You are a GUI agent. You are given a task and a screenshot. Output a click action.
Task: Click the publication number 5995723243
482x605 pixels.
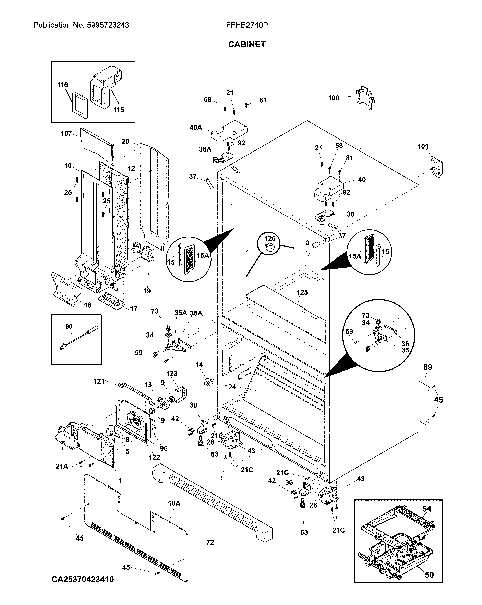pyautogui.click(x=108, y=25)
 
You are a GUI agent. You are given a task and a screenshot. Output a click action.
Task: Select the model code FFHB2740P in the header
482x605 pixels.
pyautogui.click(x=247, y=25)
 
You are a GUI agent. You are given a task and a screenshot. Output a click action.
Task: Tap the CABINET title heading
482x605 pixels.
pyautogui.click(x=247, y=44)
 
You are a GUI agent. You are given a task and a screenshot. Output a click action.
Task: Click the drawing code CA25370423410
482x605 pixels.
pyautogui.click(x=83, y=579)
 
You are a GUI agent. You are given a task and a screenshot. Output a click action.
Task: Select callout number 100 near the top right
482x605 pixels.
pyautogui.click(x=334, y=98)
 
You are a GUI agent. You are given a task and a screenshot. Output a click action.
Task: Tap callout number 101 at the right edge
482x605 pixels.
pyautogui.click(x=423, y=146)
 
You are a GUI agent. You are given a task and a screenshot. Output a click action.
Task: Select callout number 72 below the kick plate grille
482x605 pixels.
pyautogui.click(x=210, y=542)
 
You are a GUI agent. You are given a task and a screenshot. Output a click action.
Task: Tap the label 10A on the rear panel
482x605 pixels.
pyautogui.click(x=174, y=503)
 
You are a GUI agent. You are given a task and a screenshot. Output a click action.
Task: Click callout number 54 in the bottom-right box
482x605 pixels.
pyautogui.click(x=427, y=508)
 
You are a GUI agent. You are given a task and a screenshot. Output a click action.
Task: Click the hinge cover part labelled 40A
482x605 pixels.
pyautogui.click(x=229, y=131)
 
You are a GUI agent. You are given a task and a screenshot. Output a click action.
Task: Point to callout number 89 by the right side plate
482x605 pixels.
pyautogui.click(x=427, y=367)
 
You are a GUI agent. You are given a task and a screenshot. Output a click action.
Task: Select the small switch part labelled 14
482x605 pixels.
pyautogui.click(x=208, y=382)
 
